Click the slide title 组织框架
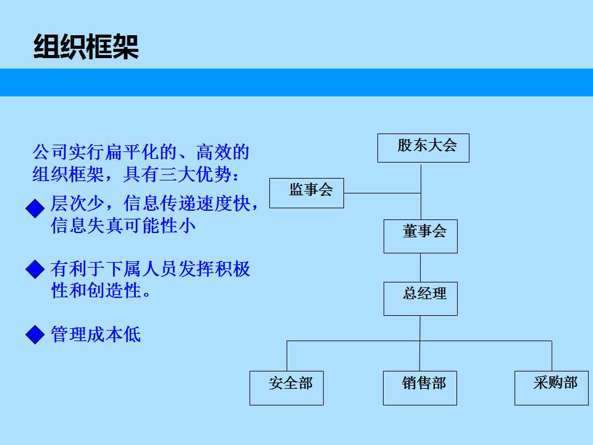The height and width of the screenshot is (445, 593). coord(86,46)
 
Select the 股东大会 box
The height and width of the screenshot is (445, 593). coord(423,148)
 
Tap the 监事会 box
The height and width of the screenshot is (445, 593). coord(307,193)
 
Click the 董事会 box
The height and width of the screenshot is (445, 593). coord(421,236)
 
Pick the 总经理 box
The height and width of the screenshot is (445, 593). coord(421,299)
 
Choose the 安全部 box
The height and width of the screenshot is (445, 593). coord(287,388)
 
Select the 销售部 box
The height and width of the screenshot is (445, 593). coord(420,388)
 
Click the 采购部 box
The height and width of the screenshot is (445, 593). coord(552,388)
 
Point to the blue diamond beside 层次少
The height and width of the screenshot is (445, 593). coord(35,208)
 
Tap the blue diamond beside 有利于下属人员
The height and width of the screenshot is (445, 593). coord(35,269)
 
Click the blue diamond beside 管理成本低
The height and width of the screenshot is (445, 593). coord(35,334)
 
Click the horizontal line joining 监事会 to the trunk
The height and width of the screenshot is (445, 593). coord(382,193)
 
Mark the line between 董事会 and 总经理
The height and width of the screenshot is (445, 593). coord(420,268)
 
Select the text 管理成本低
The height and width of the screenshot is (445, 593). coord(96,334)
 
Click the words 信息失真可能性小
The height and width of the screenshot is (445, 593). coord(123,226)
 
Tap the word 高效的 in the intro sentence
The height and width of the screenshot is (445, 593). coord(223,152)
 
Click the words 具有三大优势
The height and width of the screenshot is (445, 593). coord(177,174)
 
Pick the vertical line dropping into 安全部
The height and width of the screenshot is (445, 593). coord(287,356)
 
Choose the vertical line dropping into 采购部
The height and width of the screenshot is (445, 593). coord(552,356)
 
